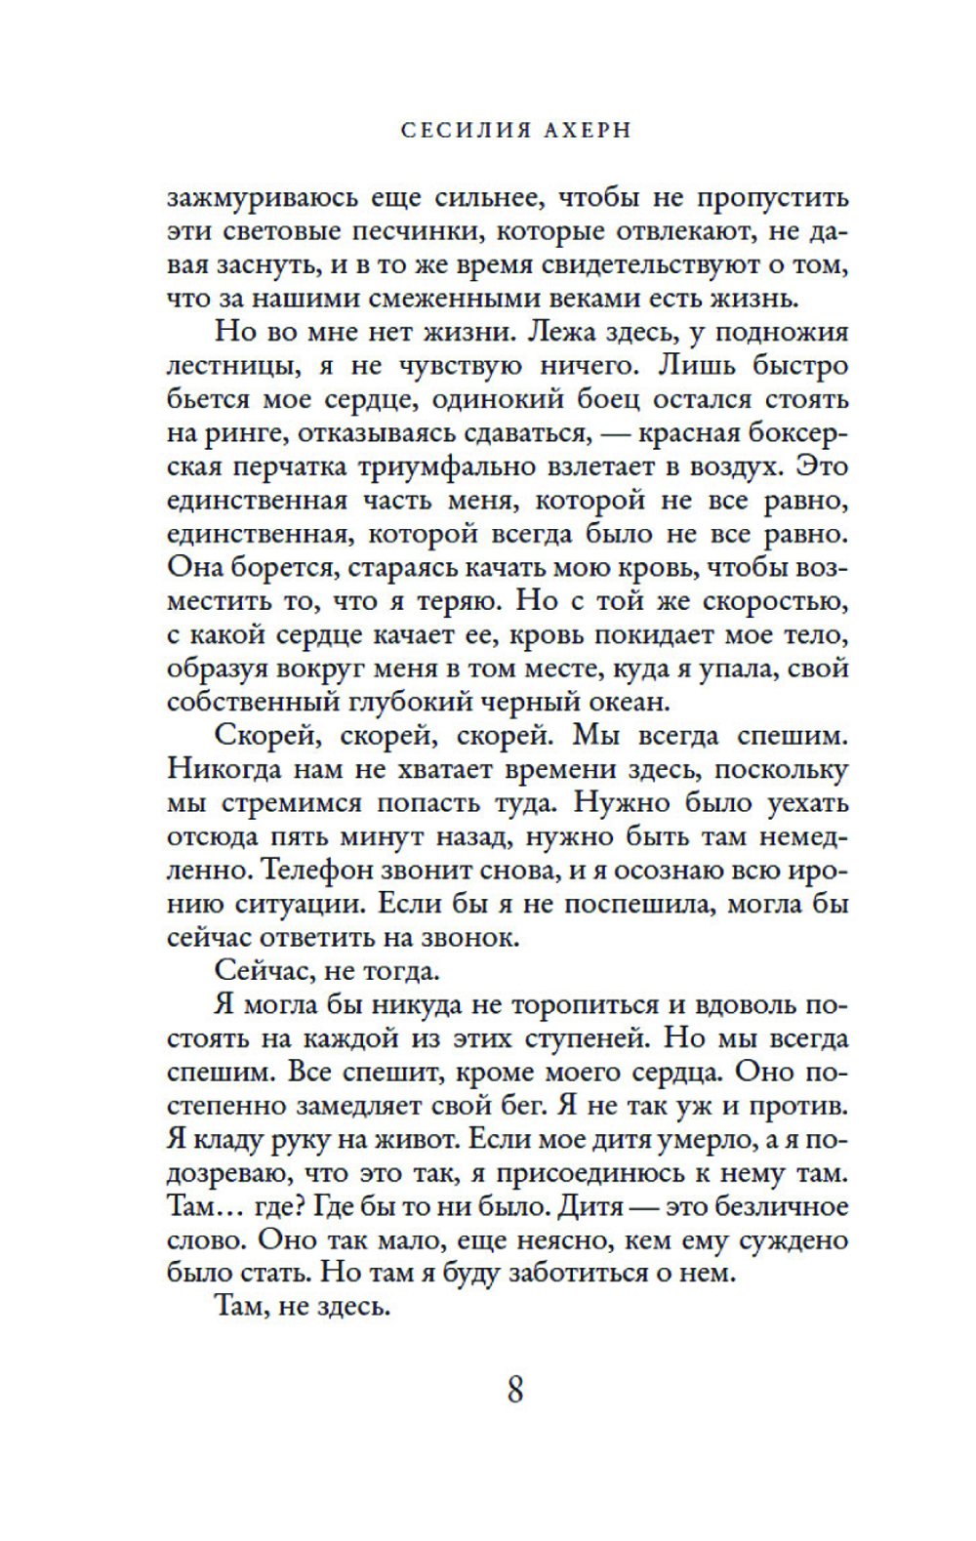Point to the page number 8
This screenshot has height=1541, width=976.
pos(515,1388)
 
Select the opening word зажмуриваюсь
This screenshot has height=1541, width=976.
pos(262,198)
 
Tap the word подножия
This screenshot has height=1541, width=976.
pos(782,333)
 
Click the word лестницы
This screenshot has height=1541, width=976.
pos(224,366)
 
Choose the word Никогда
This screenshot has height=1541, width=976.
pos(225,769)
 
